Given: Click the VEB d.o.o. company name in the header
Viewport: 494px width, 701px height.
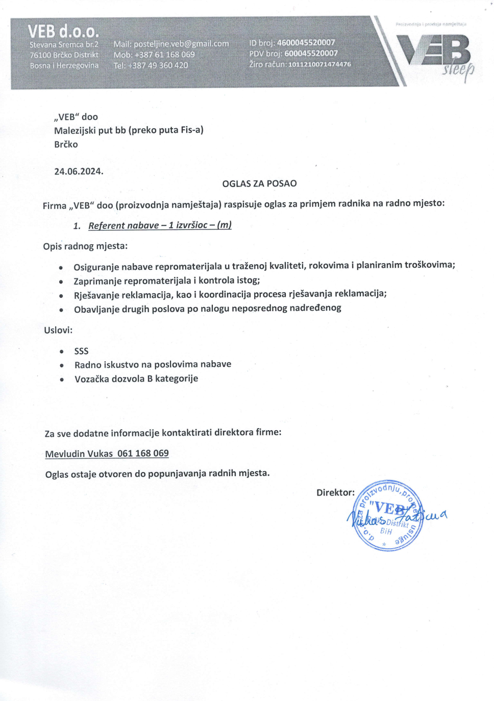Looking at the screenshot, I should click(x=63, y=31).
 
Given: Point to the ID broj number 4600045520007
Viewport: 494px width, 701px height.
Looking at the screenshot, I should click(x=306, y=42).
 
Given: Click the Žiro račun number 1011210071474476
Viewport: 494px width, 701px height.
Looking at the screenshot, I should click(x=319, y=64).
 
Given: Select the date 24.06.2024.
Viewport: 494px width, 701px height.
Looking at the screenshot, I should click(x=79, y=171).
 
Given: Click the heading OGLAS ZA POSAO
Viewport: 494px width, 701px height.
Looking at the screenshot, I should click(x=259, y=183).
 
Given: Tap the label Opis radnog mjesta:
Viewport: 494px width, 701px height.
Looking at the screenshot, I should click(x=85, y=246).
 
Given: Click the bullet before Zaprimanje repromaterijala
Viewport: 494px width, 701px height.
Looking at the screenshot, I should click(x=61, y=282).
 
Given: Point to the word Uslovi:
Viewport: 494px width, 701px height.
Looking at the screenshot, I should click(x=58, y=330).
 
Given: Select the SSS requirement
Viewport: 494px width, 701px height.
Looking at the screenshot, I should click(x=81, y=351).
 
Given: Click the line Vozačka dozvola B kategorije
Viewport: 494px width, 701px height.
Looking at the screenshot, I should click(x=136, y=379).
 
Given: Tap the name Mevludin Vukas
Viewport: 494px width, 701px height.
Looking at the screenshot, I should click(x=79, y=454).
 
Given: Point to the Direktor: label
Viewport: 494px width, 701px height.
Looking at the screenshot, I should click(x=335, y=493).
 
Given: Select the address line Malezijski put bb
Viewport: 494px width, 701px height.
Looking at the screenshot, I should click(x=129, y=130).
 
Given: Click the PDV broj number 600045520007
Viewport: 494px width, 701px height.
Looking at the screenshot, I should click(x=311, y=53).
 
